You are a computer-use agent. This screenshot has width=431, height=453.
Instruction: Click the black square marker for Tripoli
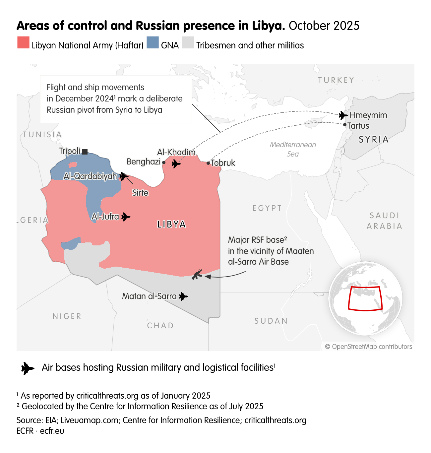pyautogui.click(x=85, y=152)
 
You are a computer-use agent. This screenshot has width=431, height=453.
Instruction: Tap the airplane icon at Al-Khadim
pyautogui.click(x=176, y=163)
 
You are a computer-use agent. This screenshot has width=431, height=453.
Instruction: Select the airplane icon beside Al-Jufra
pyautogui.click(x=126, y=217)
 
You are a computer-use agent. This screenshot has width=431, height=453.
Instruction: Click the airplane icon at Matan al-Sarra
pyautogui.click(x=183, y=296)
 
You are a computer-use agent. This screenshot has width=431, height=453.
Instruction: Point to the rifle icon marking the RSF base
pyautogui.click(x=197, y=274)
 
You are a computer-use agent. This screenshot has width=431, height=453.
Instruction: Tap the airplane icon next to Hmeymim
pyautogui.click(x=343, y=115)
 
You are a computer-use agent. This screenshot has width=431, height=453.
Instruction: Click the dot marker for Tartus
pyautogui.click(x=345, y=125)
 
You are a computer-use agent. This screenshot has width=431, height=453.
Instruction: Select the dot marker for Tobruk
pyautogui.click(x=208, y=163)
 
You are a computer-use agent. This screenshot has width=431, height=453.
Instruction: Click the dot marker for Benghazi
pyautogui.click(x=164, y=162)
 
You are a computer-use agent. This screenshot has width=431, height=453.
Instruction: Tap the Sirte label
pyautogui.click(x=140, y=193)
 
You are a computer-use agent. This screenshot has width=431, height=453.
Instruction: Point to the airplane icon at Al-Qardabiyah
pyautogui.click(x=124, y=176)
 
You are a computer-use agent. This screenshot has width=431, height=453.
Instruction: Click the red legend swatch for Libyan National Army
pyautogui.click(x=23, y=43)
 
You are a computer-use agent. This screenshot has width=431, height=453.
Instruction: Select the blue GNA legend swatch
pyautogui.click(x=153, y=43)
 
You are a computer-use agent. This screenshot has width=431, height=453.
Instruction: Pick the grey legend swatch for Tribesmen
pyautogui.click(x=188, y=43)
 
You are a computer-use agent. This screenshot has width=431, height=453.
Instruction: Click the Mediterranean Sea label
pyautogui.click(x=293, y=149)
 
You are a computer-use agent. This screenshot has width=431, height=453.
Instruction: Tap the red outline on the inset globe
pyautogui.click(x=365, y=309)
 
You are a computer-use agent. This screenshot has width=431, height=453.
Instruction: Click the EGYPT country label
pyautogui.click(x=267, y=208)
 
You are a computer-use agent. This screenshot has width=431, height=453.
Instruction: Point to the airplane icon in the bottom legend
pyautogui.click(x=28, y=368)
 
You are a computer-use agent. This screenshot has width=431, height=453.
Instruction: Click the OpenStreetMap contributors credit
pyautogui.click(x=368, y=347)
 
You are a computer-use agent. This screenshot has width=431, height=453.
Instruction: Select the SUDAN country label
pyautogui.click(x=271, y=321)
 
